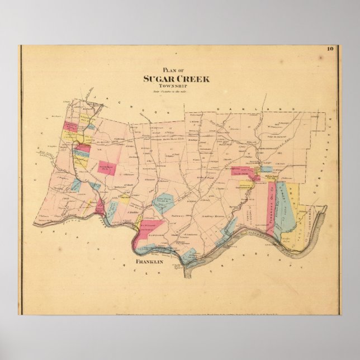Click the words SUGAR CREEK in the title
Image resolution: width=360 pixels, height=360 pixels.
176,79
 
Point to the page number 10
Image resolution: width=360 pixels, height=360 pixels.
330,49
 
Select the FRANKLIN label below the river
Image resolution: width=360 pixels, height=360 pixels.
149,262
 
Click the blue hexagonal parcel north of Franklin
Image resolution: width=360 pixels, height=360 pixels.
163,202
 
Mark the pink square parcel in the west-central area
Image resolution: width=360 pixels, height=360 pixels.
107,168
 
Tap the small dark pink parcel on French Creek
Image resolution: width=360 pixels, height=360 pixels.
100,207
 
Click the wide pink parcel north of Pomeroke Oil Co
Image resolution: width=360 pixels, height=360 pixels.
244,171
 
